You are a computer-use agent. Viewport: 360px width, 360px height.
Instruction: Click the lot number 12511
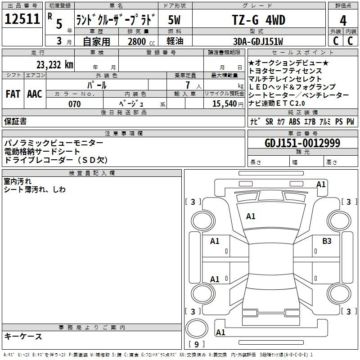[22, 18]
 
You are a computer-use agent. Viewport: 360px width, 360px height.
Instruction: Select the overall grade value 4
[343, 20]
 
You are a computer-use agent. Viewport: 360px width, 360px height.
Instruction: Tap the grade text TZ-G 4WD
[259, 20]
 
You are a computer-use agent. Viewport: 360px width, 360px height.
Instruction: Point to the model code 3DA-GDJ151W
[258, 41]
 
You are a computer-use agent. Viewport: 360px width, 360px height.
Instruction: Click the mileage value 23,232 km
[55, 65]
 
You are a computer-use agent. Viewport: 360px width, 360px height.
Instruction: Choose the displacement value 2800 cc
[141, 41]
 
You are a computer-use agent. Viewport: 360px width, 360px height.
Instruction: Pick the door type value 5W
[174, 20]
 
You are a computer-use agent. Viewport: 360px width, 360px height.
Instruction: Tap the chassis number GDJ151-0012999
[302, 143]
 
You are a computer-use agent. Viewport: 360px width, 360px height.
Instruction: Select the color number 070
[75, 104]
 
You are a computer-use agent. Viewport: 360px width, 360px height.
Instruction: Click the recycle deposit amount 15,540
[225, 103]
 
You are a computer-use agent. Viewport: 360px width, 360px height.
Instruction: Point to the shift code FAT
[13, 94]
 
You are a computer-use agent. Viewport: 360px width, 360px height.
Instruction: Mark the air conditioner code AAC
[35, 94]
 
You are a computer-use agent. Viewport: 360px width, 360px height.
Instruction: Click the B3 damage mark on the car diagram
[327, 241]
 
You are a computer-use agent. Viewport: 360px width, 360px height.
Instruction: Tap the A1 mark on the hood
[251, 216]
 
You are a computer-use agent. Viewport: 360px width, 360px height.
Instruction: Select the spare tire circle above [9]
[197, 328]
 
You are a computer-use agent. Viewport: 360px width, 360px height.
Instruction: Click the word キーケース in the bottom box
[23, 336]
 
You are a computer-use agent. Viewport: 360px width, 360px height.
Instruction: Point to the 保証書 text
[15, 121]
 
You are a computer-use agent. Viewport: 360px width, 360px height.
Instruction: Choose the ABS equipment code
[294, 121]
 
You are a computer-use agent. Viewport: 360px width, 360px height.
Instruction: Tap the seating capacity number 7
[188, 85]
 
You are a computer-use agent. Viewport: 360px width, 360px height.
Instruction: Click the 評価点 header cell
[343, 5]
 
